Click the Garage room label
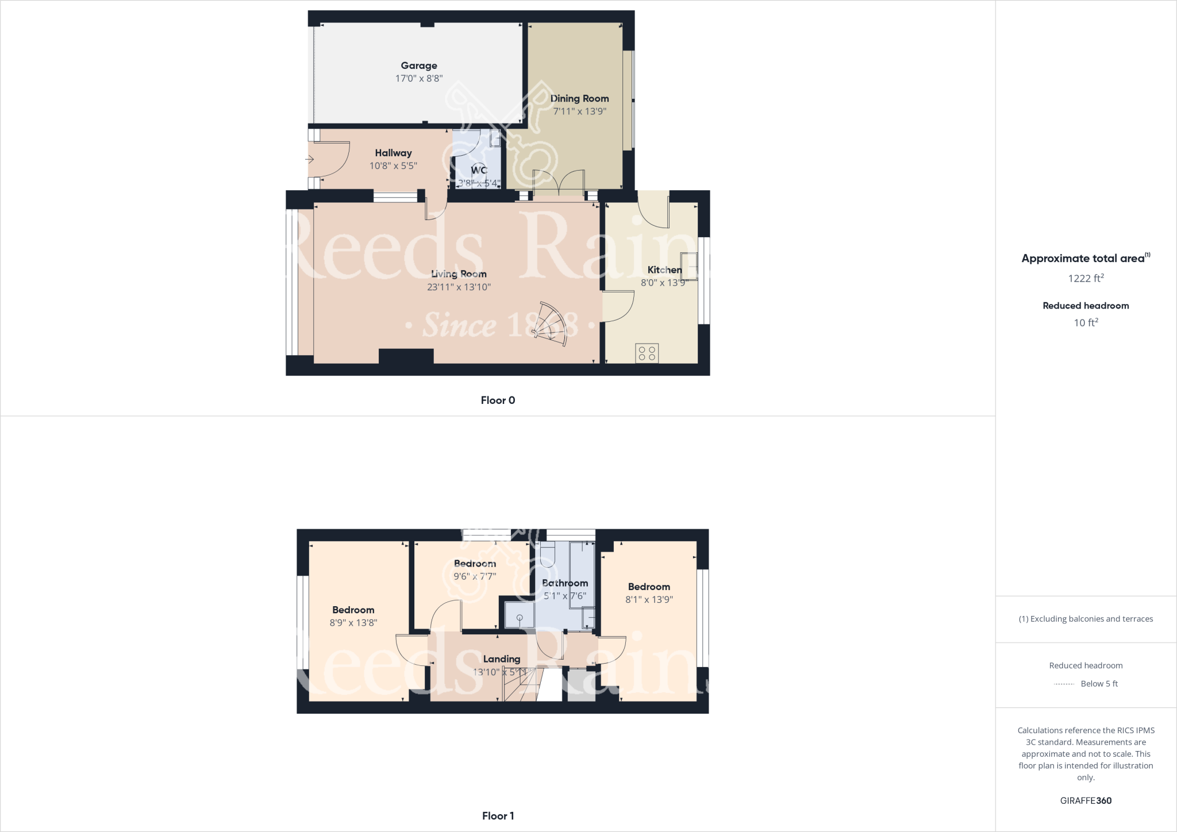pyautogui.click(x=419, y=66)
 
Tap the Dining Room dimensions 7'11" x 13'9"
pyautogui.click(x=579, y=111)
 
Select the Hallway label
pyautogui.click(x=393, y=153)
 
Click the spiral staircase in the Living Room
pyautogui.click(x=551, y=325)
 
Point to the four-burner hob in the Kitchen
pyautogui.click(x=647, y=353)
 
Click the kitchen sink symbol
pyautogui.click(x=689, y=267)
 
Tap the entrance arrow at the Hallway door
pyautogui.click(x=310, y=160)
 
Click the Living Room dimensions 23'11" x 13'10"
pyautogui.click(x=459, y=287)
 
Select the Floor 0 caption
pyautogui.click(x=498, y=400)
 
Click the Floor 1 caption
pyautogui.click(x=498, y=816)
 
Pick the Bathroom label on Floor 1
pyautogui.click(x=565, y=583)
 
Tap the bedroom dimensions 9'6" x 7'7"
pyautogui.click(x=475, y=576)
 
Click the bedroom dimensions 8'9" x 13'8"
pyautogui.click(x=353, y=622)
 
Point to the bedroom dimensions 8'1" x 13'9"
pyautogui.click(x=649, y=599)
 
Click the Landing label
pyautogui.click(x=501, y=659)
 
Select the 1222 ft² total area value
pyautogui.click(x=1086, y=279)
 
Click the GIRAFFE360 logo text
pyautogui.click(x=1086, y=800)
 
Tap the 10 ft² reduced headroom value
pyautogui.click(x=1086, y=323)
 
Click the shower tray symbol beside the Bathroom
pyautogui.click(x=519, y=615)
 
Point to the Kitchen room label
pyautogui.click(x=664, y=270)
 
